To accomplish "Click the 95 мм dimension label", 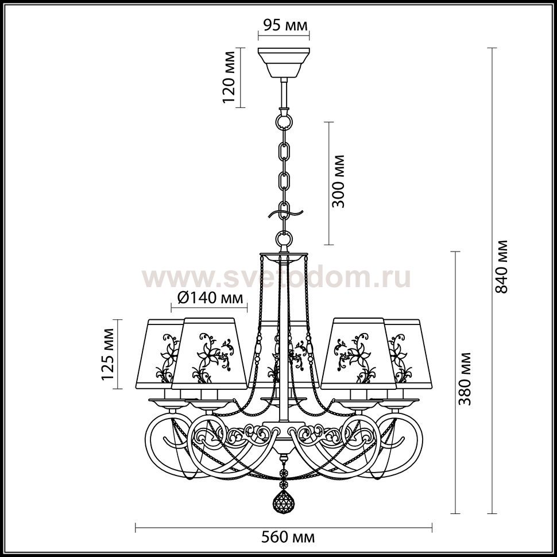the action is click(285, 26).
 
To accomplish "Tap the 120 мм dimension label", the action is click(229, 77).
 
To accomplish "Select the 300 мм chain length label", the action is click(338, 181).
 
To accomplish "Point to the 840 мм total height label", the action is click(501, 267).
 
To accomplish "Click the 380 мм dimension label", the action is click(464, 378).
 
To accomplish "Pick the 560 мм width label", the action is click(288, 537).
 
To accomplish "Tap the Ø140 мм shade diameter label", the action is click(210, 297).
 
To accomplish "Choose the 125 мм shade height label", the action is click(108, 354).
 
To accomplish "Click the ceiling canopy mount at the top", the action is click(284, 63).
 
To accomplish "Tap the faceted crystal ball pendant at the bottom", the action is click(283, 501).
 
